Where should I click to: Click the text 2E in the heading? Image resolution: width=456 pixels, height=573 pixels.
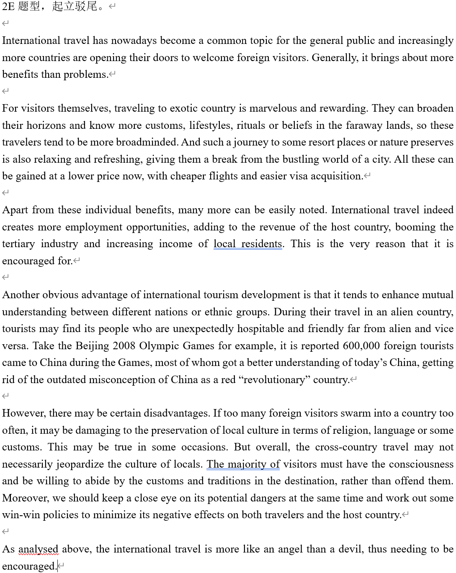click(x=8, y=7)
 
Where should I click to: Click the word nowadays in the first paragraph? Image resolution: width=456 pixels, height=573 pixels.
click(x=134, y=41)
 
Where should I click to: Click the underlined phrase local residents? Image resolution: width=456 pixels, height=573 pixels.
click(x=247, y=244)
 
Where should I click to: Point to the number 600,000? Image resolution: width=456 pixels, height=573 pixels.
click(x=362, y=346)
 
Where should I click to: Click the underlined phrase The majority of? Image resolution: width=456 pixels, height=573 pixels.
click(x=243, y=464)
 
